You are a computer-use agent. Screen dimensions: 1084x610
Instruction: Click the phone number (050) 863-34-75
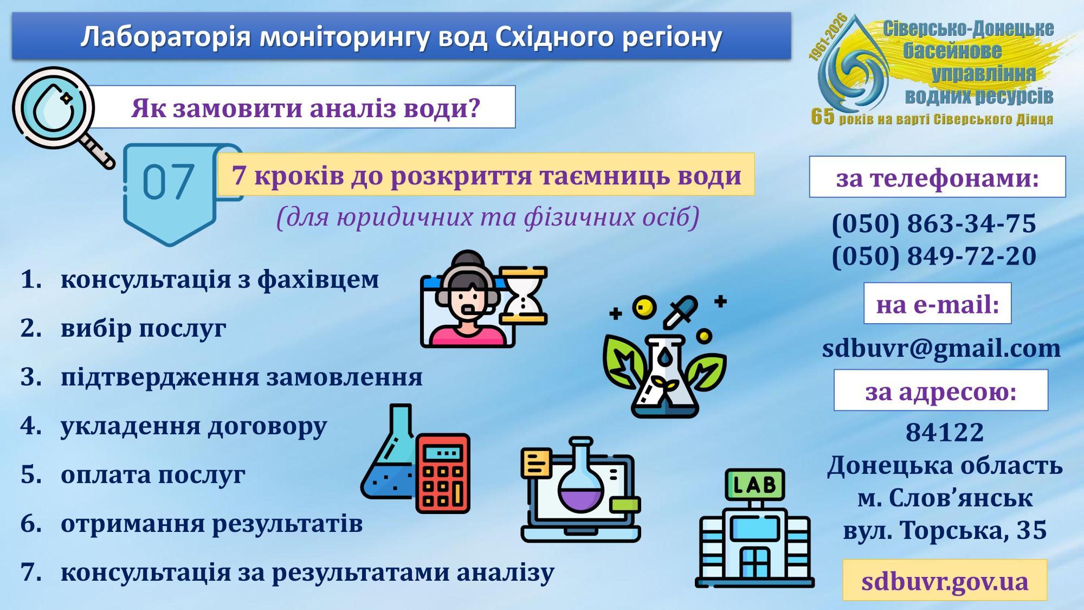[934, 223]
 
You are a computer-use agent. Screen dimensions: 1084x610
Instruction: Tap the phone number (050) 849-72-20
[934, 255]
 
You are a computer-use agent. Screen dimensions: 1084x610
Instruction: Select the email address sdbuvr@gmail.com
[941, 348]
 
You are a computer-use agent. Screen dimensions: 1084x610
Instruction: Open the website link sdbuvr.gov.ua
[945, 581]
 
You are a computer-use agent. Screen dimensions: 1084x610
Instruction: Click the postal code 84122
[945, 432]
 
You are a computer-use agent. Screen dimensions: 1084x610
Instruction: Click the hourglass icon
[524, 296]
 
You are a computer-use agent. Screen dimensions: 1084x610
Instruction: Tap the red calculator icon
[443, 473]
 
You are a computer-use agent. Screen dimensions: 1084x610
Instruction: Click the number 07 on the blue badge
[168, 181]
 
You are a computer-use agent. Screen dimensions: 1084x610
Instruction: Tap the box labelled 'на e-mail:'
[938, 304]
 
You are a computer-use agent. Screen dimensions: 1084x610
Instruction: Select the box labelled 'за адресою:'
[941, 390]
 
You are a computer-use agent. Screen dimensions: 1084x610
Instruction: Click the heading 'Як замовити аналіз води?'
[306, 107]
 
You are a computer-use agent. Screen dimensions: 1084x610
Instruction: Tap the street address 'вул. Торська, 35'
[945, 530]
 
